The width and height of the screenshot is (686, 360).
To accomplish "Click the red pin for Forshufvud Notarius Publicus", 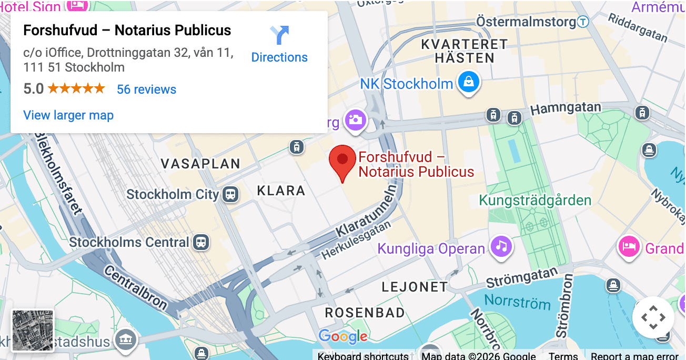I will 342,160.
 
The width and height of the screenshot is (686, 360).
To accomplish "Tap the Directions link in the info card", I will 279,45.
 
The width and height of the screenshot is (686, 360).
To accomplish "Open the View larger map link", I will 68,115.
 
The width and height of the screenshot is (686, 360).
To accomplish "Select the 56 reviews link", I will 146,89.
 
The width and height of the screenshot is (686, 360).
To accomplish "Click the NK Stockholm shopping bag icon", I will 468,82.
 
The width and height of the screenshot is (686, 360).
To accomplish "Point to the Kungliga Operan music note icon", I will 502,246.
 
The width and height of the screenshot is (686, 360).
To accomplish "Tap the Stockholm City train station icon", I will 230,194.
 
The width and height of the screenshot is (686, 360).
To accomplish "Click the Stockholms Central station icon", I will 200,242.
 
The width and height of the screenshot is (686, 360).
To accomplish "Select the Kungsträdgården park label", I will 535,201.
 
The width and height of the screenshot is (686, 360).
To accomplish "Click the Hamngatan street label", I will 566,108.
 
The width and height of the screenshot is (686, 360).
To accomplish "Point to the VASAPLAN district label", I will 200,164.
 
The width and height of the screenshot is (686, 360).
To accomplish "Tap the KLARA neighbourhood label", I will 281,191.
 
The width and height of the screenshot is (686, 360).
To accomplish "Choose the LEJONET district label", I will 415,287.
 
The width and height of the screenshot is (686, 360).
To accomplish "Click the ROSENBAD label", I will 365,313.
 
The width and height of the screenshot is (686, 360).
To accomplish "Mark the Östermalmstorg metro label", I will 526,22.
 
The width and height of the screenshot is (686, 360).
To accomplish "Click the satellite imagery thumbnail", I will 33,331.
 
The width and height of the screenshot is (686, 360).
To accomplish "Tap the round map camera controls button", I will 653,317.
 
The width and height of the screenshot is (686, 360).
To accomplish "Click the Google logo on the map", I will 343,336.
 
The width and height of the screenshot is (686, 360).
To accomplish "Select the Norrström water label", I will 517,302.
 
